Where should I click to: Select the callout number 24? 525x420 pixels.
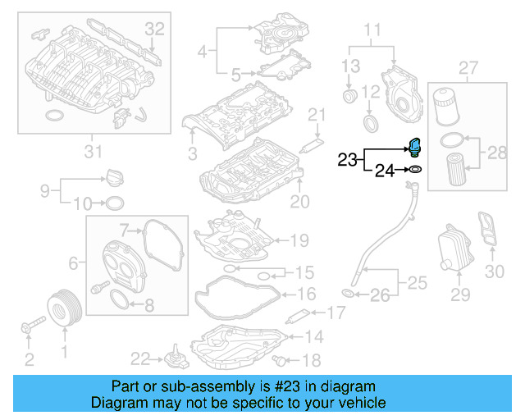[384, 171]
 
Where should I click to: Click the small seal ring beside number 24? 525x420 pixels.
[415, 170]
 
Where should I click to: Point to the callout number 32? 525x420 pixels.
[155, 28]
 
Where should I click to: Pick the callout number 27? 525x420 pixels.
[468, 66]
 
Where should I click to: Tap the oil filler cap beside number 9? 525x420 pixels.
[113, 176]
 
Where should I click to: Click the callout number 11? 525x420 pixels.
[373, 32]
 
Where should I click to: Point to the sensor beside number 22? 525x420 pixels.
[173, 359]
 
